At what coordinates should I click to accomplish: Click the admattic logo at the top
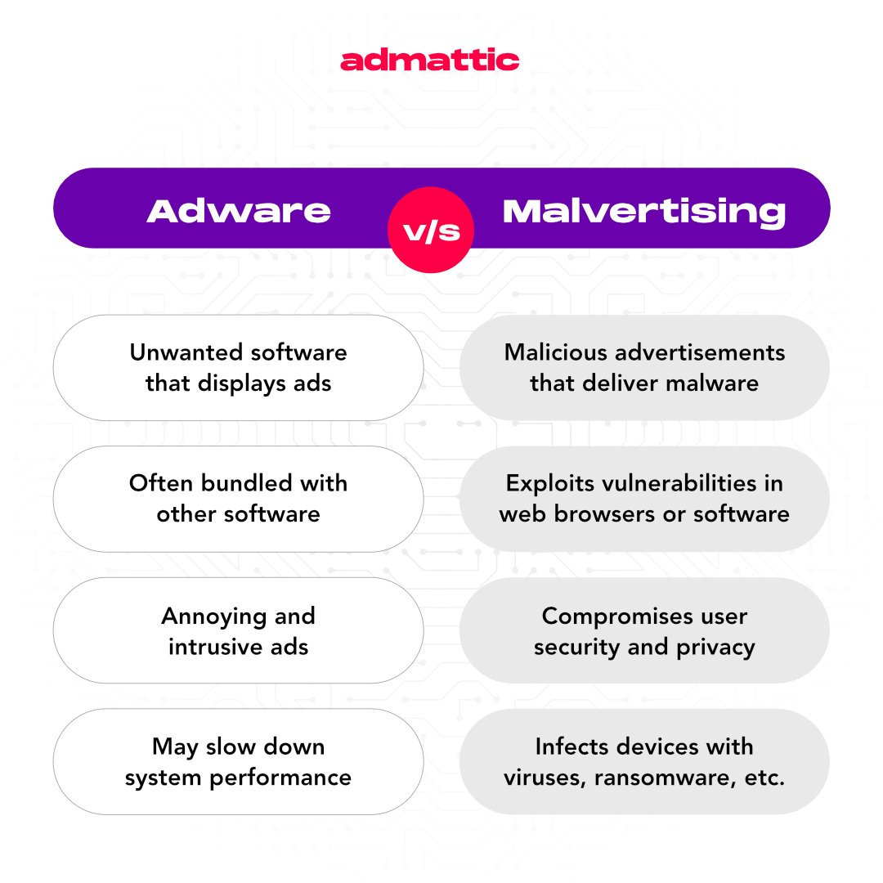pyautogui.click(x=430, y=61)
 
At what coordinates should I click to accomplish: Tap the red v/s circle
pyautogui.click(x=430, y=232)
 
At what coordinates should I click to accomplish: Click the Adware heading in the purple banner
pyautogui.click(x=239, y=211)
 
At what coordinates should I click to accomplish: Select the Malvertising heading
pyautogui.click(x=644, y=211)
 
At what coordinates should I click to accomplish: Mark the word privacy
pyautogui.click(x=715, y=648)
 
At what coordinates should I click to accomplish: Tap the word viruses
pyautogui.click(x=541, y=778)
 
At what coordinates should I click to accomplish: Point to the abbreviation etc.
pyautogui.click(x=765, y=778)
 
